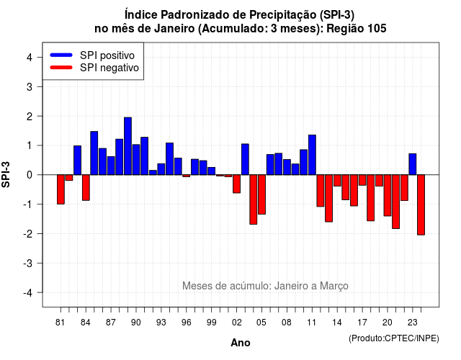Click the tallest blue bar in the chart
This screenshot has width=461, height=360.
pos(127,146)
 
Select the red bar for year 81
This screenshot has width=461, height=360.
pos(61,189)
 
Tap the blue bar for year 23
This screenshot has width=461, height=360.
pos(413,164)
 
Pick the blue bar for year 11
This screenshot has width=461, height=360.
pos(312,155)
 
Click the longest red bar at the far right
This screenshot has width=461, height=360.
pos(421,204)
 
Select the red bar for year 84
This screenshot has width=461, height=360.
pos(86,187)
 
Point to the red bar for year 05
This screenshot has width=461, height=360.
pos(261,194)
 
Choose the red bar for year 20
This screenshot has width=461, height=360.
pos(388,195)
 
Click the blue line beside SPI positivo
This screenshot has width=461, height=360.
pos(61,55)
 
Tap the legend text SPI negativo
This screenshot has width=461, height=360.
pos(109,68)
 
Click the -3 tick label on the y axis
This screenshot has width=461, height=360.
pos(28,264)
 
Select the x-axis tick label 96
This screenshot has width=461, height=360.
pos(186,323)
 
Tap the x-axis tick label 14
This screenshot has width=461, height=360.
pos(337,323)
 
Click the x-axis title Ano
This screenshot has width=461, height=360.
pos(241,343)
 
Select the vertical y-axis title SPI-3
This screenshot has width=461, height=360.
pos(6,175)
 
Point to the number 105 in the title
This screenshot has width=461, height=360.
pos(377,29)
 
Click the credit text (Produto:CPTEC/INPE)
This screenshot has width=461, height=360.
pos(394,338)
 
